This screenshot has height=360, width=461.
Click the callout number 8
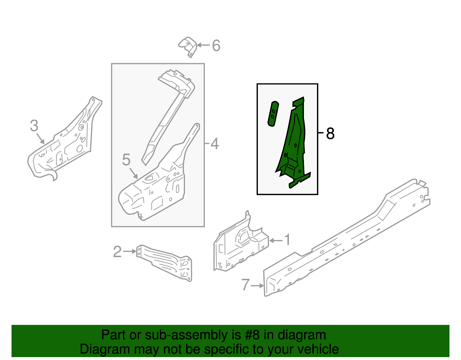(330, 134)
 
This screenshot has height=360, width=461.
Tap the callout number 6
(216, 46)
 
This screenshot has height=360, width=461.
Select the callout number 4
(214, 144)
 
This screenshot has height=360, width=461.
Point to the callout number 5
(126, 160)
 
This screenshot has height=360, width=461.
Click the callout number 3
(34, 126)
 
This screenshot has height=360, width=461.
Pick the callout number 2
(117, 252)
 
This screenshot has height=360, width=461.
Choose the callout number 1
(287, 240)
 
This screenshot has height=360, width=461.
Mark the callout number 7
(245, 285)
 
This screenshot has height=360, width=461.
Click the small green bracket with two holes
(273, 114)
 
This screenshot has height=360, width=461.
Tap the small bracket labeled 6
(188, 46)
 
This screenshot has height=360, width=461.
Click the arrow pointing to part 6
(203, 45)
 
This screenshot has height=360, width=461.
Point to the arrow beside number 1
(276, 240)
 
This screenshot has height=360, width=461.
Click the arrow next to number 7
(257, 286)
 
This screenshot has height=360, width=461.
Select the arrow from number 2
(130, 252)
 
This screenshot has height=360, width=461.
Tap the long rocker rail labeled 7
(346, 239)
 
